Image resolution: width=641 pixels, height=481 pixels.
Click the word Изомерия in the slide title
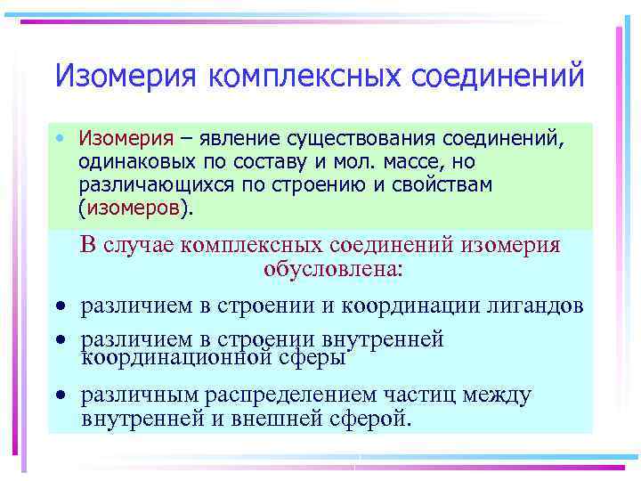(x=126, y=75)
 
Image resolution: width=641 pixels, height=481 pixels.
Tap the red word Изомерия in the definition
(x=126, y=139)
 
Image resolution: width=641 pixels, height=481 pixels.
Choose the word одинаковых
(x=134, y=163)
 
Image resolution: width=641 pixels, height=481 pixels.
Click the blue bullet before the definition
(x=58, y=140)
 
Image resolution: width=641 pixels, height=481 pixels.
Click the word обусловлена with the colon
(x=333, y=268)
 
